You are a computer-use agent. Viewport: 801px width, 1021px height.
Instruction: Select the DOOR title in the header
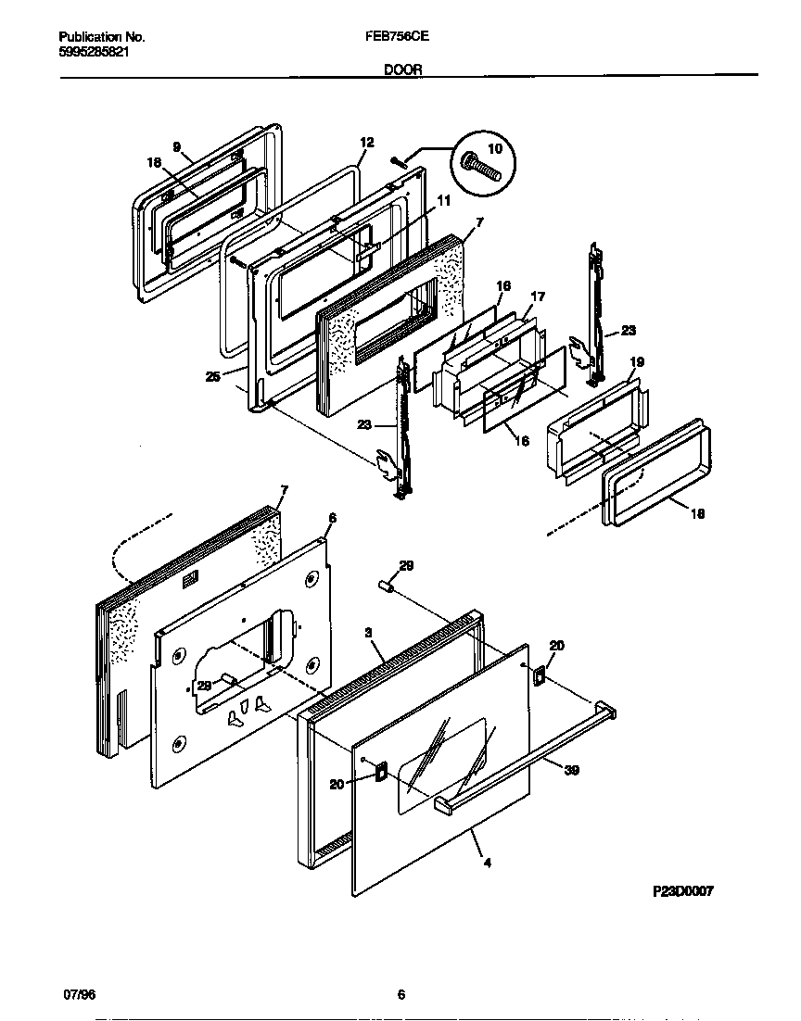[400, 69]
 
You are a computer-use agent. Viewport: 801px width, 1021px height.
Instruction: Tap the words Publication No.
[101, 38]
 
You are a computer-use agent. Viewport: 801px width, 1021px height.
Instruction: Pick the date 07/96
[79, 995]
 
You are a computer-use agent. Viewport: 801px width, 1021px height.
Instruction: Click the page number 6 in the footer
[400, 995]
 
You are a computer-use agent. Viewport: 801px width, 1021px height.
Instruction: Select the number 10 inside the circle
[492, 149]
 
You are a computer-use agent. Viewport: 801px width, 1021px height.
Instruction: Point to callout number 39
[571, 770]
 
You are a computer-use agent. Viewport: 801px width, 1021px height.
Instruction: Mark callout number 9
[176, 145]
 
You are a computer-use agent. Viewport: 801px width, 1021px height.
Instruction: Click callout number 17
[537, 296]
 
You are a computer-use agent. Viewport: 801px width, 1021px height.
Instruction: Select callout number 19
[637, 362]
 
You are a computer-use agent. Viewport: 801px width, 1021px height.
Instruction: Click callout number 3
[368, 632]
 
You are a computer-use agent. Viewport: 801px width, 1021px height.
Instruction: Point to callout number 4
[487, 863]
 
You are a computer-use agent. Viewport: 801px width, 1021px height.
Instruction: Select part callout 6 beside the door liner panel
[332, 518]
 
